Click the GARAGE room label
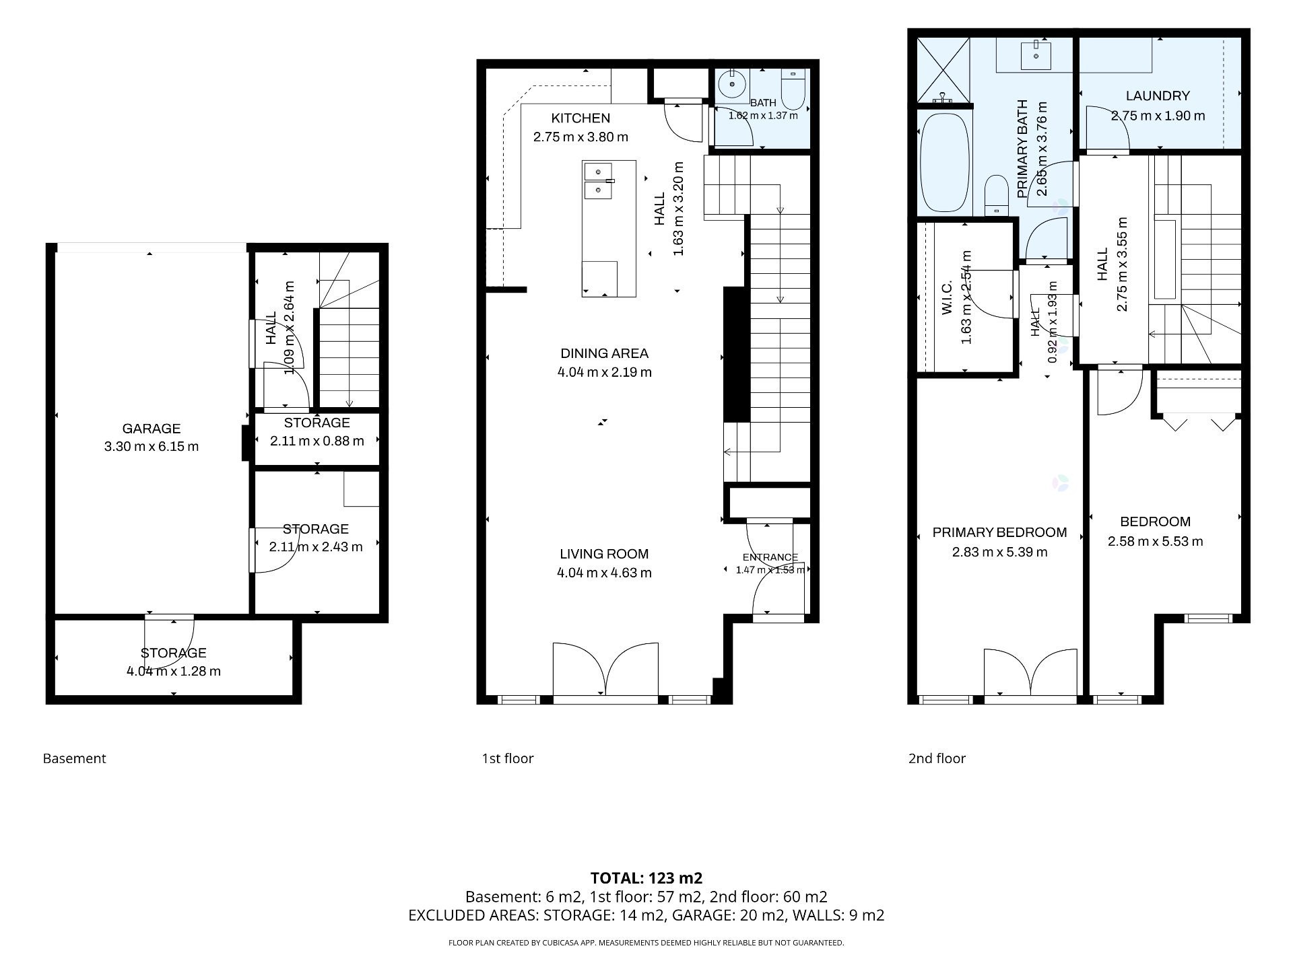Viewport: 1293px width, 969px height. (x=152, y=429)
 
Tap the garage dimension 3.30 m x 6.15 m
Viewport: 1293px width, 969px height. (x=152, y=447)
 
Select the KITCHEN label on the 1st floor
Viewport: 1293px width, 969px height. (x=581, y=118)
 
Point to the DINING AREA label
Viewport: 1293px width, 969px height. (x=605, y=353)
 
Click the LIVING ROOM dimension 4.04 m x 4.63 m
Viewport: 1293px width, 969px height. (x=605, y=573)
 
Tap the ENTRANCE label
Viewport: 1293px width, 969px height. (x=770, y=557)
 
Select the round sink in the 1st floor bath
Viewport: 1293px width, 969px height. (x=731, y=85)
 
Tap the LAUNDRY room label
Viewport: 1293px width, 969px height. (x=1158, y=96)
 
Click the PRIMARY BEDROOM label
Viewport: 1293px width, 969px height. (x=1000, y=533)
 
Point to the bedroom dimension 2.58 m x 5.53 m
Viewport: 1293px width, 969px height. (x=1156, y=542)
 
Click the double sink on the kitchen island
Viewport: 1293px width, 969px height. (x=599, y=181)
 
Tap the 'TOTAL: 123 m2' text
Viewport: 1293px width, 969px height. (x=646, y=878)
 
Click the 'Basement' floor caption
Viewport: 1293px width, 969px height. (x=75, y=758)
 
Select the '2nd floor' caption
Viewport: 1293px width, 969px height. (x=937, y=758)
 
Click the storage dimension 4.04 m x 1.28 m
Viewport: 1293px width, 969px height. (x=174, y=672)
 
